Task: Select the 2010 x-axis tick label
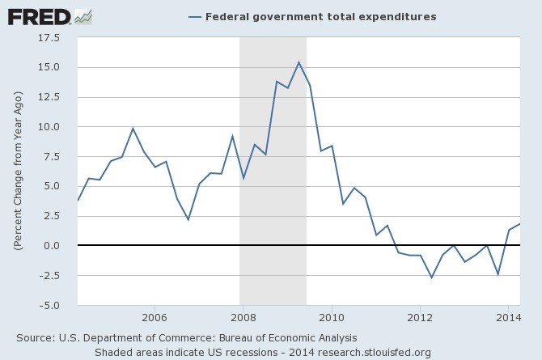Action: click(x=331, y=316)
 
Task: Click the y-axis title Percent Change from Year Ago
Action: click(x=17, y=170)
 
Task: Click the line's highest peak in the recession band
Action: click(x=299, y=62)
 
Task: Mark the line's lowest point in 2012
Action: click(x=431, y=277)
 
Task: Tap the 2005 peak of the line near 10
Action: click(x=133, y=129)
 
